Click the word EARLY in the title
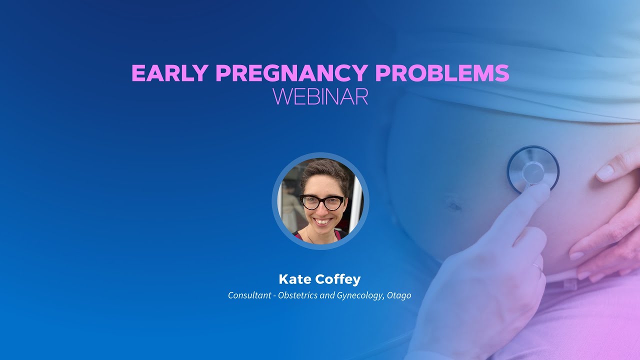click(169, 73)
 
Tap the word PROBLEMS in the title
click(442, 73)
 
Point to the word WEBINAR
click(320, 96)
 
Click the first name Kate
click(294, 279)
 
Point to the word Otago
click(399, 295)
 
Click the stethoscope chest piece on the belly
click(533, 170)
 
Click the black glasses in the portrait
click(321, 202)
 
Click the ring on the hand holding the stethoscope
click(537, 266)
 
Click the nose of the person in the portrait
click(322, 209)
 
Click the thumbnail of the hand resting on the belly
click(605, 172)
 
